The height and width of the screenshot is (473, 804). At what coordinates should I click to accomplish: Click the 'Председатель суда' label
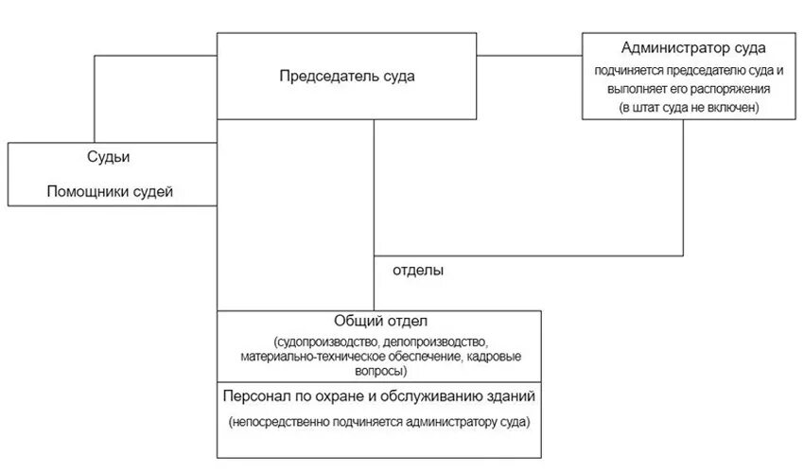[346, 77]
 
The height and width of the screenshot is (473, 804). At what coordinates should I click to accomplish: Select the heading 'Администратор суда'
[693, 47]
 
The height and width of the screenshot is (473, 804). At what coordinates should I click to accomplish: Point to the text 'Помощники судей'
[110, 191]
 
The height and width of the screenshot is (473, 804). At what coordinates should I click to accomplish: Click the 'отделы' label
[418, 270]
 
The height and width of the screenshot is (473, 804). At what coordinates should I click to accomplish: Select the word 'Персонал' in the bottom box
[254, 395]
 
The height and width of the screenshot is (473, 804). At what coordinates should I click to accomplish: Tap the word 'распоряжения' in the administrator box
[739, 88]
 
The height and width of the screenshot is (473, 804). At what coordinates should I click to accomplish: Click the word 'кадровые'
[497, 356]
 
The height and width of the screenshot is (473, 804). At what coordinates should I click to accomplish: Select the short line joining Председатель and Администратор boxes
[529, 57]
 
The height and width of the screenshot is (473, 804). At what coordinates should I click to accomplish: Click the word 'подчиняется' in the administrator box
[629, 70]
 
